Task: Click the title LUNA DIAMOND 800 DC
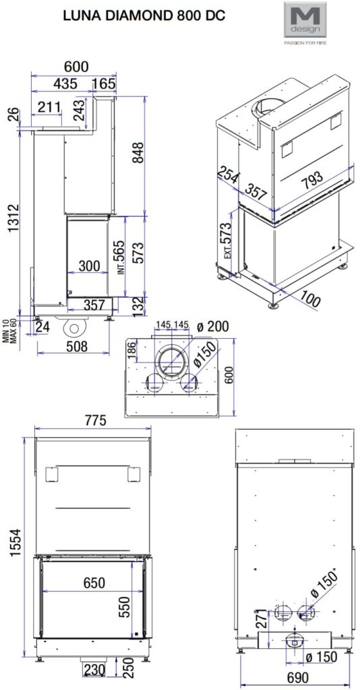point(144,16)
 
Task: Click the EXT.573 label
point(227,241)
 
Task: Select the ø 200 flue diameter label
point(213,327)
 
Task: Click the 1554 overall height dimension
point(16,542)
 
